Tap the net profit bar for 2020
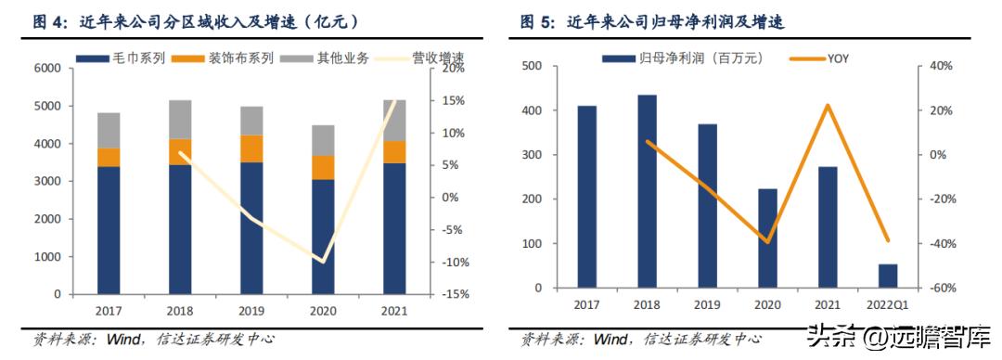(767, 238)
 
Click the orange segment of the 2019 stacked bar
(250, 148)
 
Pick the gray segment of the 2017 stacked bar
(109, 130)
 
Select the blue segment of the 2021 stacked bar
(394, 228)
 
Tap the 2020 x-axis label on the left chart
(323, 311)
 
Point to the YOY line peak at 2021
(827, 105)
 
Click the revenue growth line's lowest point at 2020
(323, 262)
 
